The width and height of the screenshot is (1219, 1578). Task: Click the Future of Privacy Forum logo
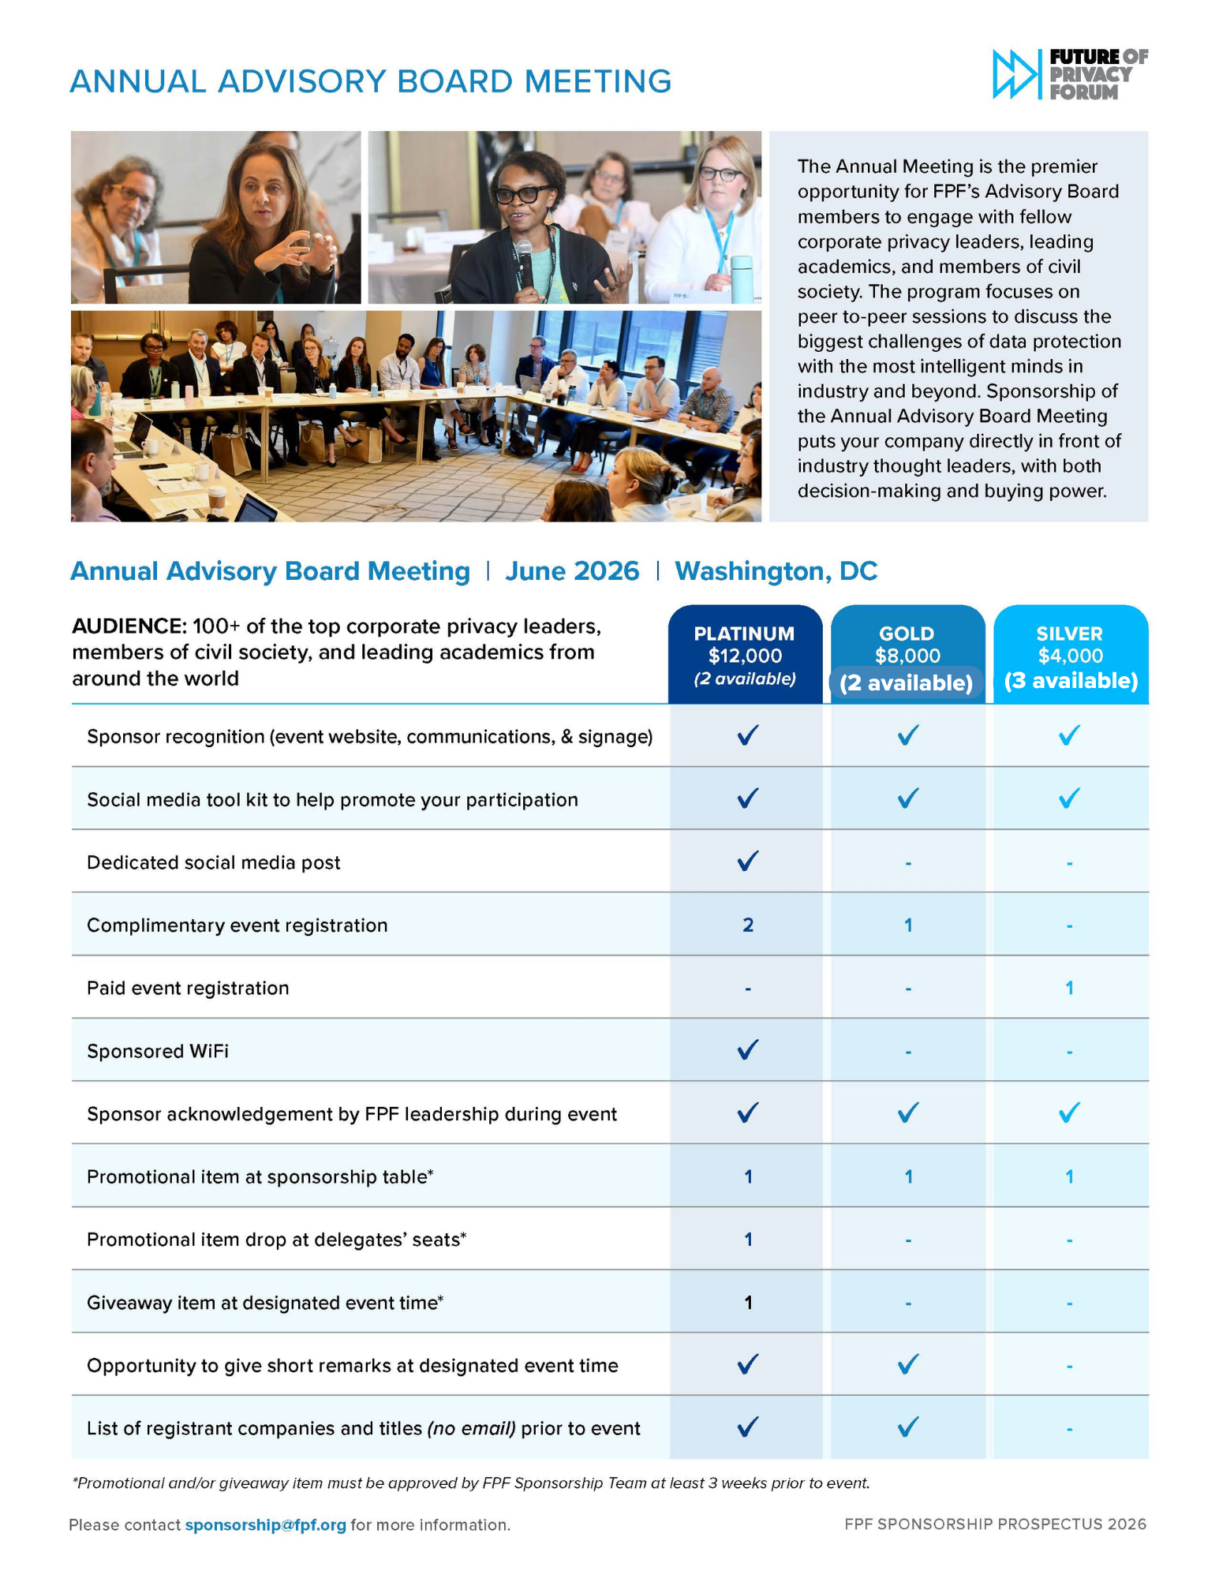coord(1069,74)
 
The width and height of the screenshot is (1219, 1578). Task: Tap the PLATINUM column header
coord(744,654)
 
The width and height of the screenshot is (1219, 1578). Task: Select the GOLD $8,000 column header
coord(907,654)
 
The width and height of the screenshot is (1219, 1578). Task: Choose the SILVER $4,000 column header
coord(1070,654)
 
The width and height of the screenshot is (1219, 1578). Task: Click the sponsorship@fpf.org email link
coord(265,1525)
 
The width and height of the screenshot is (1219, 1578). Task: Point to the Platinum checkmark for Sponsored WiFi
coord(747,1049)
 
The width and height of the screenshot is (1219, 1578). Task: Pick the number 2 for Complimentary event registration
coord(747,925)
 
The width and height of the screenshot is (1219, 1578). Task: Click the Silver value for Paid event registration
coord(1069,988)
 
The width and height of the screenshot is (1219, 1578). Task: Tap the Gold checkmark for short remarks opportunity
coord(908,1364)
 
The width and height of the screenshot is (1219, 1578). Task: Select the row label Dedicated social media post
coord(213,862)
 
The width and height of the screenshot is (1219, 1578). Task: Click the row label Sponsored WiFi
coord(158,1051)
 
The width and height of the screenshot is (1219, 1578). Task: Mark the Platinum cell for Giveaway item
coord(748,1303)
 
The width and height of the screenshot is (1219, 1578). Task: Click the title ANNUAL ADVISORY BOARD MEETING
coord(370,81)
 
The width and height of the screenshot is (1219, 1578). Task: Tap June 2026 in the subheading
coord(572,570)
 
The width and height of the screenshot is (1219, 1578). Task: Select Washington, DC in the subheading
coord(776,570)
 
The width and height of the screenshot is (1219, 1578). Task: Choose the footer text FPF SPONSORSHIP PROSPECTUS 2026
coord(995,1524)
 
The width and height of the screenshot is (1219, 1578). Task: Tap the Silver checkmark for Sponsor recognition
coord(1069,735)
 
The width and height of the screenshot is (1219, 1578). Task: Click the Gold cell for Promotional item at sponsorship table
coord(908,1176)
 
